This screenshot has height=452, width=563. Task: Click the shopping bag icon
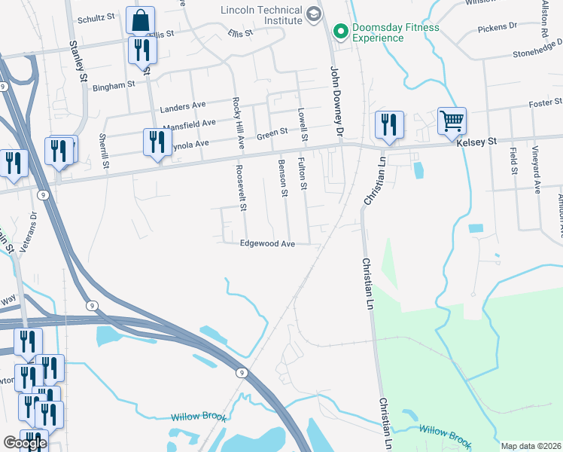[141, 20]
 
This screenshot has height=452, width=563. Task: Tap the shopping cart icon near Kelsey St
[452, 121]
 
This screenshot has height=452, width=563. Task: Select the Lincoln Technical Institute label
[262, 14]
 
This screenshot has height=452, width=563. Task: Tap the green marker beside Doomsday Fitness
[340, 31]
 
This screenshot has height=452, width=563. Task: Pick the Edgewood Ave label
[266, 243]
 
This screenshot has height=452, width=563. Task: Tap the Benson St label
[284, 178]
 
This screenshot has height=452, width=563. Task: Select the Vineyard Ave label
[537, 171]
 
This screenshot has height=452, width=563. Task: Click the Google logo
[25, 443]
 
